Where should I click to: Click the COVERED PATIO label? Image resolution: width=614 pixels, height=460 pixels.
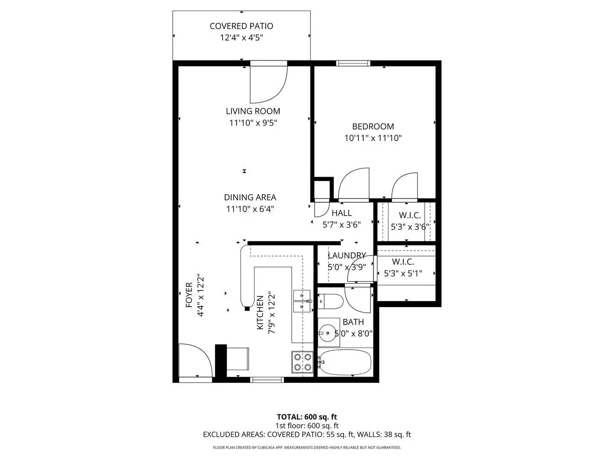click(x=241, y=26)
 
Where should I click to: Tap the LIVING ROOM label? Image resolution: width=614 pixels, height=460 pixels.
click(x=253, y=111)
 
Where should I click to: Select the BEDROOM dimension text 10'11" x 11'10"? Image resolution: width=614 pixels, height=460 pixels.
click(x=373, y=138)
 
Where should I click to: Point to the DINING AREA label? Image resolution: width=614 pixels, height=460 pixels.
click(x=250, y=197)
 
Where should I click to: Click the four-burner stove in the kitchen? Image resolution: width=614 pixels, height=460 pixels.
click(x=302, y=362)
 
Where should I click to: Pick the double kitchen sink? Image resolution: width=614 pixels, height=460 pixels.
click(x=302, y=300)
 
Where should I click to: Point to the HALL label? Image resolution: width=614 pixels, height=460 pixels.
click(x=342, y=213)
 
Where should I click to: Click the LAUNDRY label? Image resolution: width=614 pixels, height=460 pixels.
click(x=347, y=256)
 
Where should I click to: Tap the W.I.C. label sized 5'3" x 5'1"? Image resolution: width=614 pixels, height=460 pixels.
click(x=403, y=262)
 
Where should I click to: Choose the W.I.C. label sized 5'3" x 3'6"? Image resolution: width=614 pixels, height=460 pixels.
click(x=410, y=216)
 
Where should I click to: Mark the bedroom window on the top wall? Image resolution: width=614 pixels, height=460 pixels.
click(x=353, y=63)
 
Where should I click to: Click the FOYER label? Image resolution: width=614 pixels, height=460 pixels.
click(x=189, y=295)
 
